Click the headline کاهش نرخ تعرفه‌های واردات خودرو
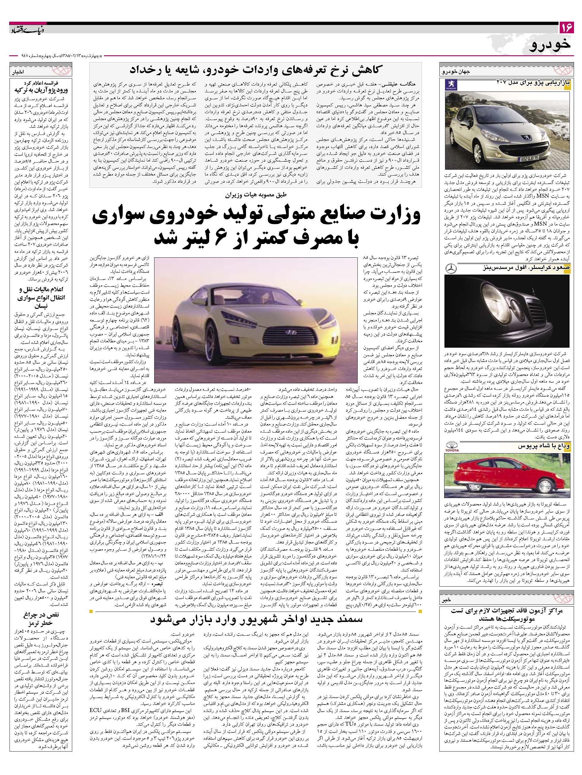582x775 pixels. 255,70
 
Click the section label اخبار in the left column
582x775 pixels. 18,73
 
